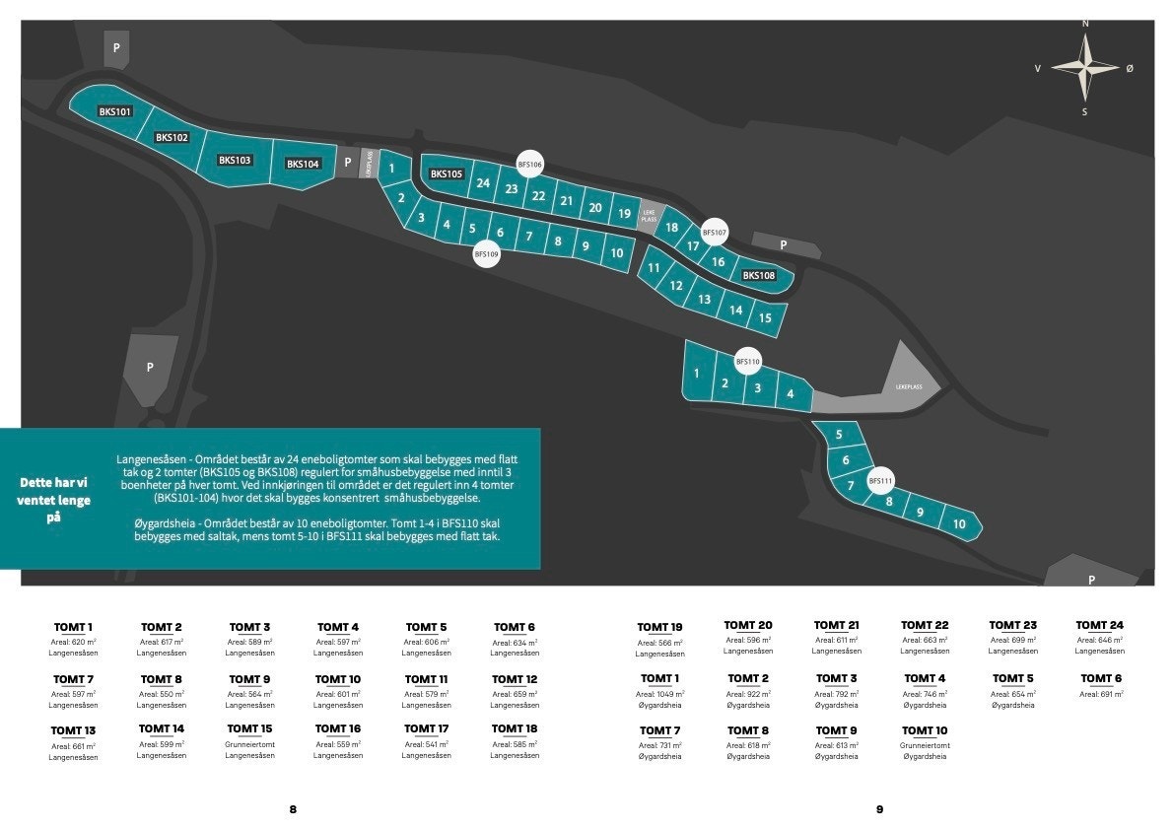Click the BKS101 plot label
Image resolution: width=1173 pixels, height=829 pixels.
[x=115, y=112]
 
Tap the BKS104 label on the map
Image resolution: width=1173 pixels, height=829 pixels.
[x=304, y=164]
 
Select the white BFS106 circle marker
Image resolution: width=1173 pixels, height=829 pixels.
[x=530, y=165]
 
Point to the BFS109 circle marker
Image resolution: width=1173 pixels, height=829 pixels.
[x=487, y=254]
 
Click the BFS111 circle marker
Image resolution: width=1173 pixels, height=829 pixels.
[x=880, y=481]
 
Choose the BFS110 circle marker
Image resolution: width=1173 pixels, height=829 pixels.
[x=748, y=363]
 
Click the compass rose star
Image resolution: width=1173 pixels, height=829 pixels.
[x=1084, y=67]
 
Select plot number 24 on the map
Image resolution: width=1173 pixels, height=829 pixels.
[x=483, y=183]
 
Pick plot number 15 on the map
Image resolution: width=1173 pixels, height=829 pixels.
[x=765, y=318]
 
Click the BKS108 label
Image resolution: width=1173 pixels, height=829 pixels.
[x=759, y=276]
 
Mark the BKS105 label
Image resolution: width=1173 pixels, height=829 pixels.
[x=447, y=174]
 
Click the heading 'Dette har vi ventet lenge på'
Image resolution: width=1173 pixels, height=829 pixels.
[x=54, y=500]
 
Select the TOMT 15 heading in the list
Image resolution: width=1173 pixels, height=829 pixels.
[x=250, y=728]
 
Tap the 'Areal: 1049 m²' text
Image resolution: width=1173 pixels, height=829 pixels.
[x=660, y=694]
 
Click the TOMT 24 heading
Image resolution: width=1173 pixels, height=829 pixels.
[x=1099, y=625]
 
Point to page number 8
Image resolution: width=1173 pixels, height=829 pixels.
[x=293, y=809]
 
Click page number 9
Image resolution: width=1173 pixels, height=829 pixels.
[x=879, y=809]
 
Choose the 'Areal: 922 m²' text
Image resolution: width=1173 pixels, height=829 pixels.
[x=748, y=694]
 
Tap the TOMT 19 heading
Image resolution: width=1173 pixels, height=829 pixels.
[x=659, y=627]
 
